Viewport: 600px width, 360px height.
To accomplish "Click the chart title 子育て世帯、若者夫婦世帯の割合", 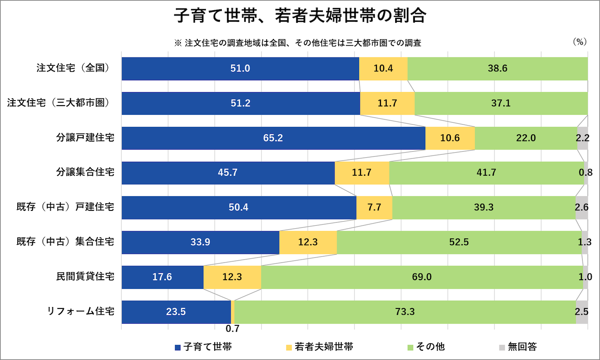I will click(x=300, y=16).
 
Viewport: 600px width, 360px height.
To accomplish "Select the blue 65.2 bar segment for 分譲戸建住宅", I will click(x=273, y=138).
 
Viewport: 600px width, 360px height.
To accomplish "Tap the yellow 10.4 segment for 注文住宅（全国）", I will click(x=383, y=68).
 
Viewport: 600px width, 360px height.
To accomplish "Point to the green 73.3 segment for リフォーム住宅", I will click(x=405, y=312).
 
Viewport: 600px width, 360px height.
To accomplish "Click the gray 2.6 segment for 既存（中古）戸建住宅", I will click(x=581, y=207).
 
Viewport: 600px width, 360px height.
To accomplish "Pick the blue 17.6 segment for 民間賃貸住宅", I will click(x=162, y=277).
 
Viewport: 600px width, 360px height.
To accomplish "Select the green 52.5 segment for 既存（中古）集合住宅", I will click(x=459, y=243).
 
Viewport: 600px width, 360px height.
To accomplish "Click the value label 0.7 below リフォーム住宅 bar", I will click(x=232, y=329).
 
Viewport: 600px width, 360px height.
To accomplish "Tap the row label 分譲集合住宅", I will click(x=85, y=172).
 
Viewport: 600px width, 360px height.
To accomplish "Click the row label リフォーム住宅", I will click(x=80, y=312).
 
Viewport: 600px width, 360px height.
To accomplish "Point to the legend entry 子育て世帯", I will click(x=203, y=347).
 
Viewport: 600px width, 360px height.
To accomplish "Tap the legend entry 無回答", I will click(x=518, y=347).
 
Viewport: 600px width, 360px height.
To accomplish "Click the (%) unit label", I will click(x=580, y=42).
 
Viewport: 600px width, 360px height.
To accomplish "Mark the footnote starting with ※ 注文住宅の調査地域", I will click(x=297, y=43).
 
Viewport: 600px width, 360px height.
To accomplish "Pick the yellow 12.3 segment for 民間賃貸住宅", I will click(x=232, y=277).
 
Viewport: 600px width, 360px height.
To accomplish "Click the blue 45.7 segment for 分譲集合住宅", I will click(x=228, y=173).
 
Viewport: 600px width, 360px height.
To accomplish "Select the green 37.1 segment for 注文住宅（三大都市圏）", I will click(x=501, y=104).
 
